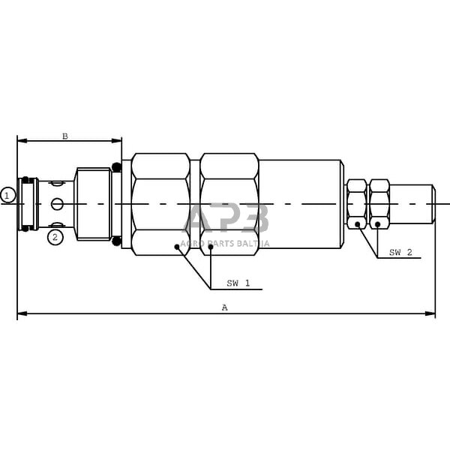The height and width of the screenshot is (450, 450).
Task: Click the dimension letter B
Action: (65, 136)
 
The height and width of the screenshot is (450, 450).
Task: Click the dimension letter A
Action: (224, 307)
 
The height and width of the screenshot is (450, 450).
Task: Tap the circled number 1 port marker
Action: (7, 195)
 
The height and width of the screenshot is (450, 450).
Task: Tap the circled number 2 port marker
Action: (55, 237)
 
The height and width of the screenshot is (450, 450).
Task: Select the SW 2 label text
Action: (400, 253)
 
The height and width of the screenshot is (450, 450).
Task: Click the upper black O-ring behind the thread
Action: (116, 166)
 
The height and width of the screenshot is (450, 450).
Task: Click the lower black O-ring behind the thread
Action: (116, 241)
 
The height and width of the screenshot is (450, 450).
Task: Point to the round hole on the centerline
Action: (58, 204)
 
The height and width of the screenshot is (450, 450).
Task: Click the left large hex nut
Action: (160, 204)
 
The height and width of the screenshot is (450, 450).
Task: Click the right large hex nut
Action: (229, 204)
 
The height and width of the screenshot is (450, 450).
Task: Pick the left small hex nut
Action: (356, 204)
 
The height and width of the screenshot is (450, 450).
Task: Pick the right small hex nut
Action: (379, 204)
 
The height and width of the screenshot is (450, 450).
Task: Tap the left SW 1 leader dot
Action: (177, 245)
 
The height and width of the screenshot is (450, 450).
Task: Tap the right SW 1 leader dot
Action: (211, 245)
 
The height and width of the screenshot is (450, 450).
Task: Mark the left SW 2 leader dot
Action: (358, 223)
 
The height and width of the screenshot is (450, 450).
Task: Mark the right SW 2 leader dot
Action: (377, 223)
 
